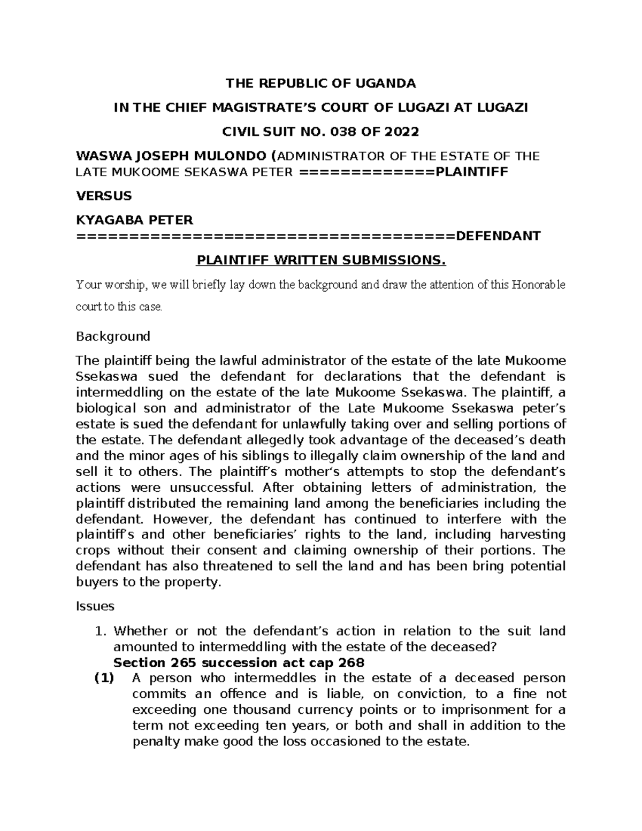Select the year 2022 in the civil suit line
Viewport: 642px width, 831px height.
402,132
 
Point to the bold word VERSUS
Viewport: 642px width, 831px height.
104,196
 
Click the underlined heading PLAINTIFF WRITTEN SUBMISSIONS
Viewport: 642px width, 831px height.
321,261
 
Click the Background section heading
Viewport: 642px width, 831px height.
113,337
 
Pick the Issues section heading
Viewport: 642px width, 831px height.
95,606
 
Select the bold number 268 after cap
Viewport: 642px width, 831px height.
350,663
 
